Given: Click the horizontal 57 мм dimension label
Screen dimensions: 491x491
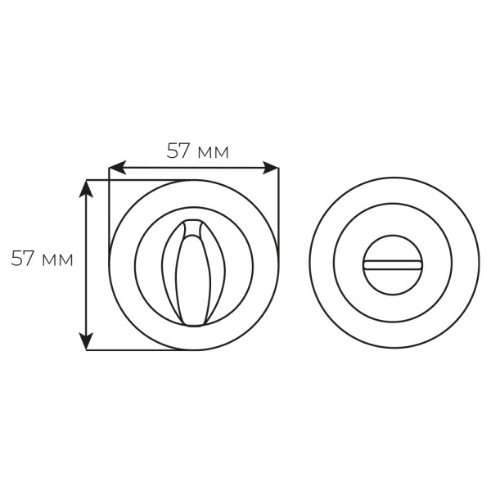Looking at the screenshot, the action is (197, 151).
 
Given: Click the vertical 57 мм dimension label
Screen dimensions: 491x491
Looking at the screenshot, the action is (42, 259).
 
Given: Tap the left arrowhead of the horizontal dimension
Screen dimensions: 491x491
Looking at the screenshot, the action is (117, 168).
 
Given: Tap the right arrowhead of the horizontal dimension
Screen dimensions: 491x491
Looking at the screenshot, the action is (270, 168).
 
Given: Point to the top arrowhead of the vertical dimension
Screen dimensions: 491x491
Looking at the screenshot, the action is (86, 188).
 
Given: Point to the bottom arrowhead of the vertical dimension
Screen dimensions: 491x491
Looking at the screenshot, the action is (86, 341).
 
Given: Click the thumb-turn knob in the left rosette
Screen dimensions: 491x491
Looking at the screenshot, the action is (193, 273).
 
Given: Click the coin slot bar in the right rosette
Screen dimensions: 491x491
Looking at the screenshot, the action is (393, 265).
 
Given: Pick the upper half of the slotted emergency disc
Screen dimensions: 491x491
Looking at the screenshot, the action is (393, 248).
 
